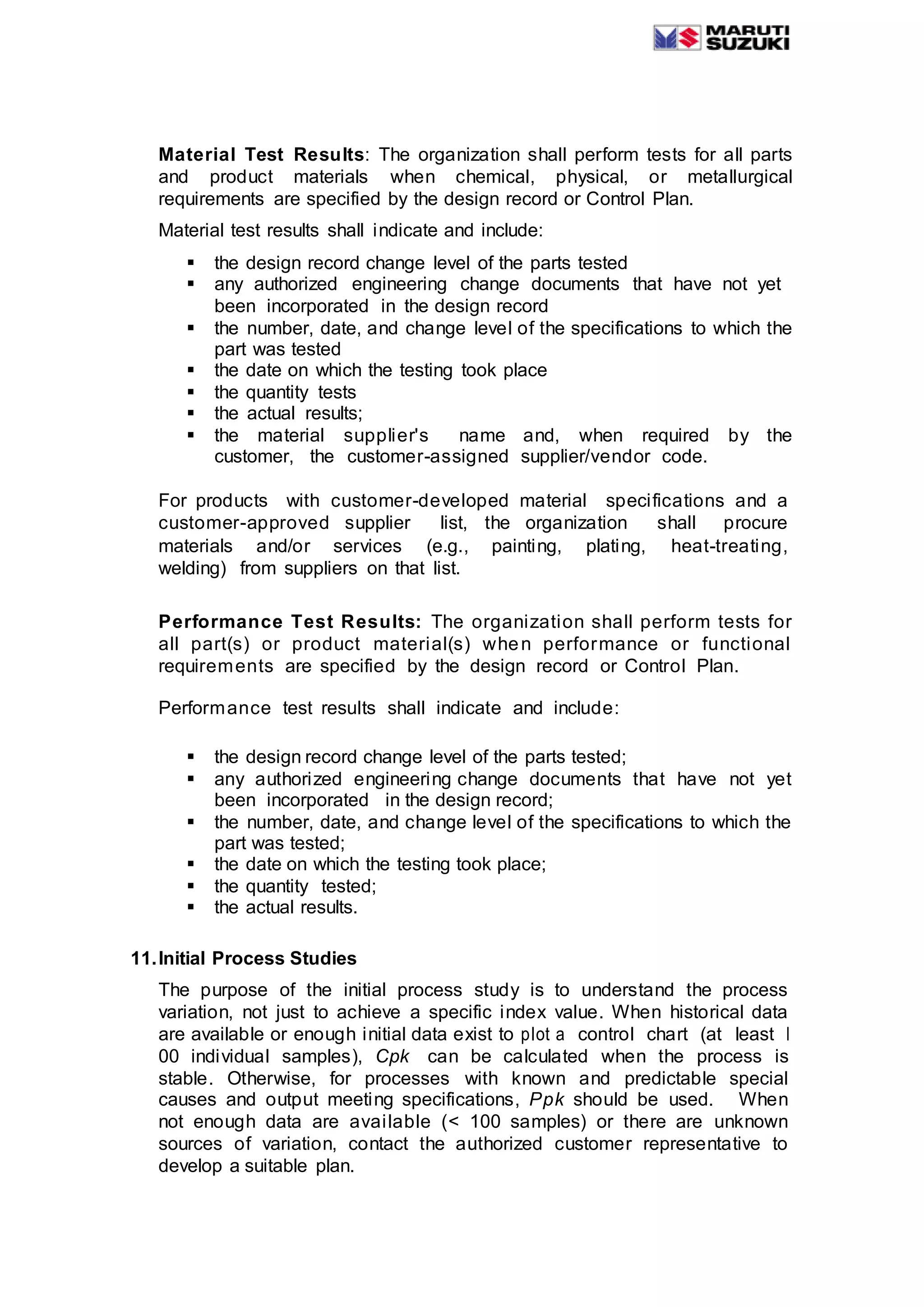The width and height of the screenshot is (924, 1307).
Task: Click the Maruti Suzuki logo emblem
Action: [x=677, y=38]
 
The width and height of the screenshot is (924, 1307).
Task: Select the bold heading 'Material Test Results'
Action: [x=261, y=155]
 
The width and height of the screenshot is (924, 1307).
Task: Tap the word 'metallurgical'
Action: [x=739, y=177]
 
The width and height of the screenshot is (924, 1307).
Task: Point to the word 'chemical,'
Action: [x=495, y=177]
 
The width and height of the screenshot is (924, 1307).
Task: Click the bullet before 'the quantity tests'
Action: [x=191, y=392]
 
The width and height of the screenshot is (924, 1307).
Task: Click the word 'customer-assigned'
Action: [x=427, y=457]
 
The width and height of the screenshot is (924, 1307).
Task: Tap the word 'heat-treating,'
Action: [x=729, y=546]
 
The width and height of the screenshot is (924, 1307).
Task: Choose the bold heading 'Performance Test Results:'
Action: [x=290, y=621]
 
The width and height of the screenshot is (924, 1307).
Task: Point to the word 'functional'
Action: [x=745, y=644]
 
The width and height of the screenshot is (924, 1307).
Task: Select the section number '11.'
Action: [x=143, y=959]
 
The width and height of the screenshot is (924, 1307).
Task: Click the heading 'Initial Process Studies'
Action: [x=258, y=959]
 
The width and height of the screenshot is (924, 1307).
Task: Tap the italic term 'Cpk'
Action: [x=393, y=1057]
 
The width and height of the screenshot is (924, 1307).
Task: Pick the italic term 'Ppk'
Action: [x=546, y=1099]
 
